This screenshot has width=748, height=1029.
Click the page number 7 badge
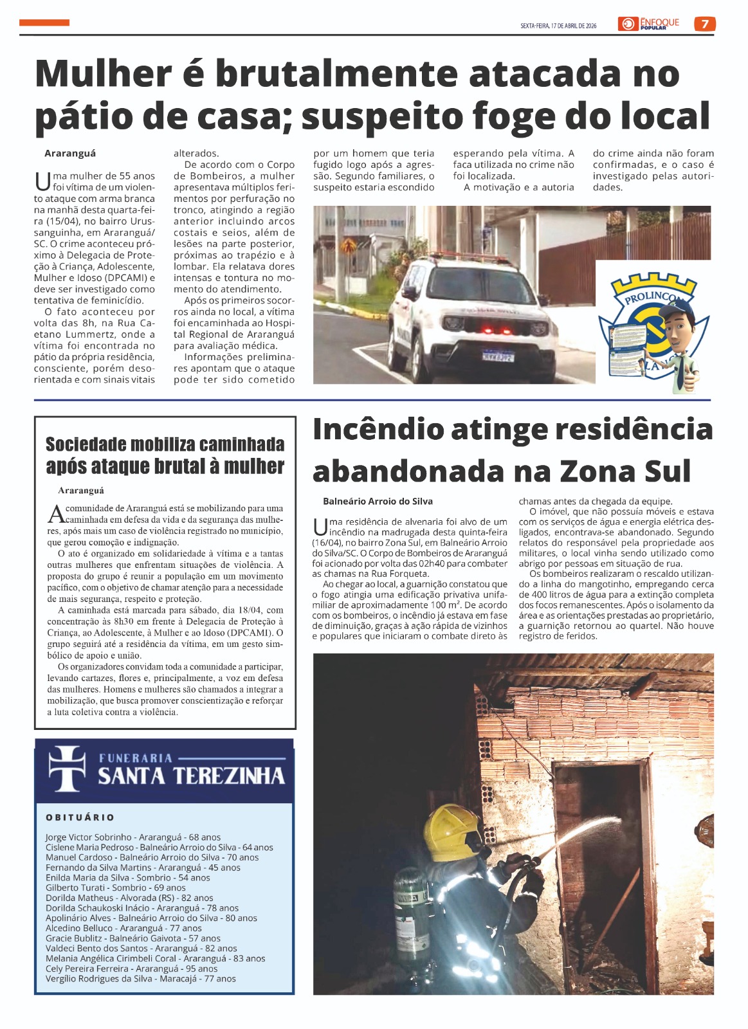pyautogui.click(x=705, y=24)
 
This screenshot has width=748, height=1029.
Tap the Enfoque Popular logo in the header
pyautogui.click(x=650, y=24)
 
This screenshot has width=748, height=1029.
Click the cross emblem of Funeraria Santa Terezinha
pyautogui.click(x=67, y=769)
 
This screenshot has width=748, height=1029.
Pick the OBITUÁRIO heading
pyautogui.click(x=80, y=817)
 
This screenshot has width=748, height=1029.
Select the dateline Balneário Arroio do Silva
pyautogui.click(x=378, y=501)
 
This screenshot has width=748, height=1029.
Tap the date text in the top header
pyautogui.click(x=558, y=26)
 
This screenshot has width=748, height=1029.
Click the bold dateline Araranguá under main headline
pyautogui.click(x=70, y=154)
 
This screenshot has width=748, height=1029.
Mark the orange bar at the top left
pyautogui.click(x=44, y=23)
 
